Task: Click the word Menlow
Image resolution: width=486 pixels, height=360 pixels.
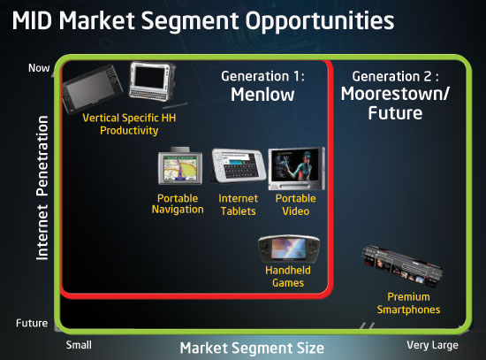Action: [262, 95]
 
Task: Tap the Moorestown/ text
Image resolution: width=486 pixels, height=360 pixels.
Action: [395, 94]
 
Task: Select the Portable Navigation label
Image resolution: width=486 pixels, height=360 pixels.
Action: [178, 204]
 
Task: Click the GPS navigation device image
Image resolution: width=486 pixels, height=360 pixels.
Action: [180, 166]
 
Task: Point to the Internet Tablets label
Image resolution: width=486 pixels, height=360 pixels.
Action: [238, 205]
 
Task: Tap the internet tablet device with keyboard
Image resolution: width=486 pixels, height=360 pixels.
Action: [239, 165]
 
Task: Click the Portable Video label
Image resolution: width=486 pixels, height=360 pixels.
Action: [296, 205]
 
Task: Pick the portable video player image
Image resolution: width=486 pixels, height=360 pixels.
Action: [297, 169]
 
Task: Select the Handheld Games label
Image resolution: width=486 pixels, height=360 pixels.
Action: [288, 276]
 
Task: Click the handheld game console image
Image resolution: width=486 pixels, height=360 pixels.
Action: [289, 249]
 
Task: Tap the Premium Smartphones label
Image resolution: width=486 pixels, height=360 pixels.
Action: [408, 303]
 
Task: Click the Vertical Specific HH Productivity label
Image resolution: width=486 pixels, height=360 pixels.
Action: [129, 124]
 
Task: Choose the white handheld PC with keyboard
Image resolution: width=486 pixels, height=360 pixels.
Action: [153, 81]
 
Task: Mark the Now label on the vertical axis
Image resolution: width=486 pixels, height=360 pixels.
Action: [39, 68]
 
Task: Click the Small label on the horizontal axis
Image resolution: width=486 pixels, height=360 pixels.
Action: [79, 345]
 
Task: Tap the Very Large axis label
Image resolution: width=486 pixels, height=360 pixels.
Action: [432, 345]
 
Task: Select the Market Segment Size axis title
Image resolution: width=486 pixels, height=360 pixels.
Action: [252, 348]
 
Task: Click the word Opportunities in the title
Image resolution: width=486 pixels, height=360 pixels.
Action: [320, 21]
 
